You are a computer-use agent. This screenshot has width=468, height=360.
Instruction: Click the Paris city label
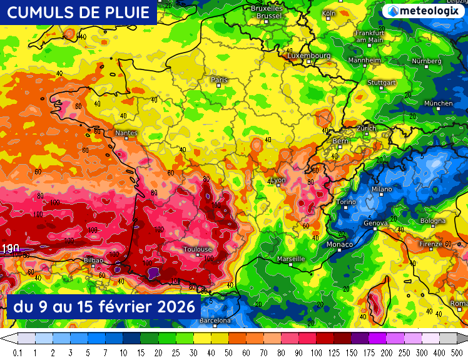point(219,80)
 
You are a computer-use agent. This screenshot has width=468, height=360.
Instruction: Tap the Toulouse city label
point(198,249)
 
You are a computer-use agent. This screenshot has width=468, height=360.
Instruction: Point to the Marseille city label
point(291,259)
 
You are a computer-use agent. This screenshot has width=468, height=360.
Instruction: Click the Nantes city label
point(126,133)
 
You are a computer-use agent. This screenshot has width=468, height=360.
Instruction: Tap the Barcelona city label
point(215,321)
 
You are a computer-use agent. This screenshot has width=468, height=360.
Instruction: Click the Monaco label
point(340,244)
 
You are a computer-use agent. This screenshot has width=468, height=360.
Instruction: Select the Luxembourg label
point(309,56)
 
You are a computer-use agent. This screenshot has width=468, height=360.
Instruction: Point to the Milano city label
point(382,188)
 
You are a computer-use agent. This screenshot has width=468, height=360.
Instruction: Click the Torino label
point(346,202)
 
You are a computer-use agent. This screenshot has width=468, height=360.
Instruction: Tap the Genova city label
point(376,223)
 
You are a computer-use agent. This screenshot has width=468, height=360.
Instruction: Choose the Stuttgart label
point(382,83)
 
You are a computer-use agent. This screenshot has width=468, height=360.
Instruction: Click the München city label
point(438,103)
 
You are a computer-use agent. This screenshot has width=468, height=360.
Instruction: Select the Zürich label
point(366,128)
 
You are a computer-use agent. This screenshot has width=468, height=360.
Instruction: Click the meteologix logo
point(424,11)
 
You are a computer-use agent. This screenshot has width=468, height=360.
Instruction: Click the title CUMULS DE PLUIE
point(78,13)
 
